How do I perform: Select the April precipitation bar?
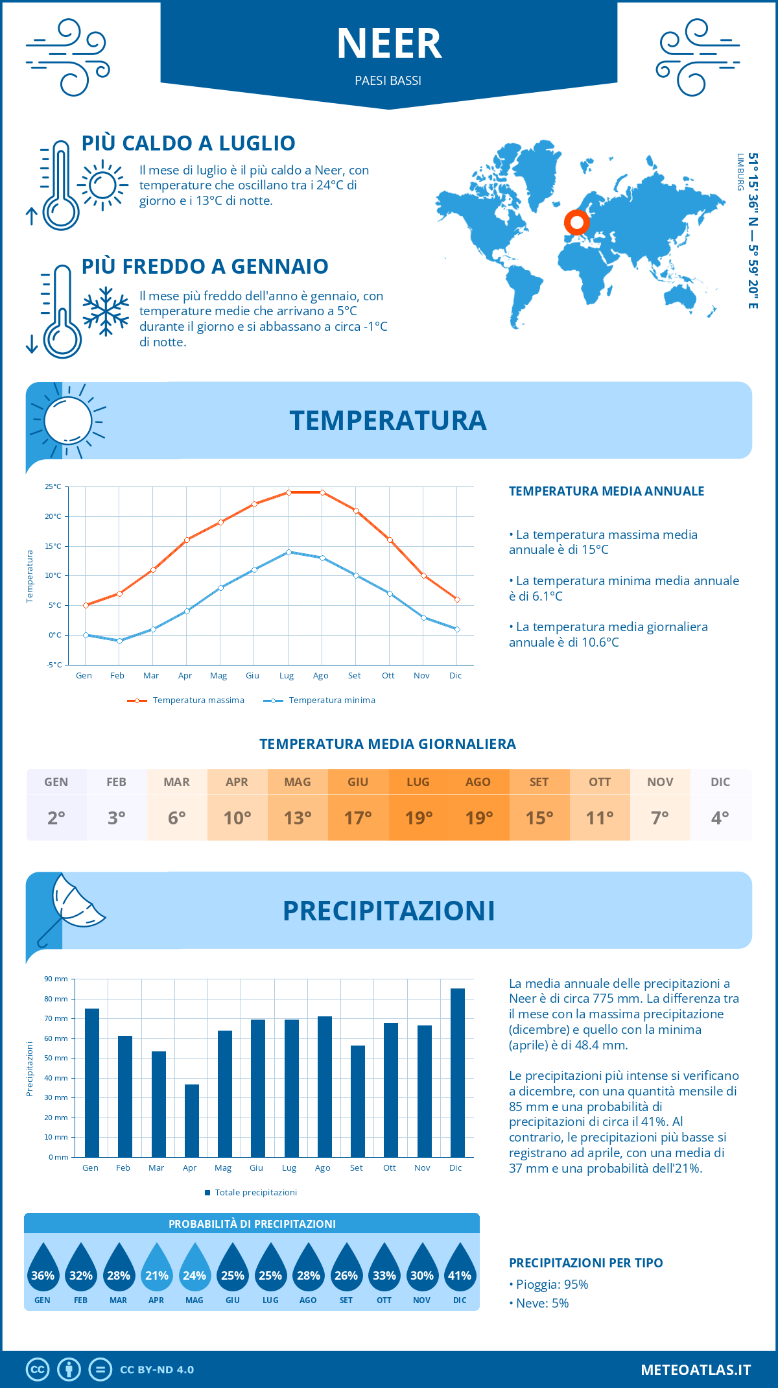point(192,1120)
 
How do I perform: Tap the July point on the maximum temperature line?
point(289,492)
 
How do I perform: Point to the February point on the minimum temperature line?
point(119,641)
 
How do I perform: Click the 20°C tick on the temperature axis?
point(53,516)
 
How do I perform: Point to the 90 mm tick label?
point(56,979)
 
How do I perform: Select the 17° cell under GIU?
point(358,818)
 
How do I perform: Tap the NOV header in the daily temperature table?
point(660,782)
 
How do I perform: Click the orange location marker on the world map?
point(576,222)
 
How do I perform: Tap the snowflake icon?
point(106,311)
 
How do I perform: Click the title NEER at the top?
point(389,44)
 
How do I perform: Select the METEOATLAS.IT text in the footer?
point(696,1370)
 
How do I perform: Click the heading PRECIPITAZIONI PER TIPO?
point(585,1263)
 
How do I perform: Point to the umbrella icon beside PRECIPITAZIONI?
point(71,907)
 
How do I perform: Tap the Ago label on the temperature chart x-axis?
point(320,675)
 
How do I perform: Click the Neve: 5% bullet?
point(542,1303)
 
